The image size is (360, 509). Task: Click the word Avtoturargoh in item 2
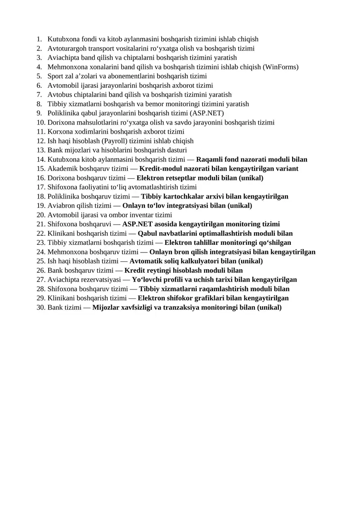pyautogui.click(x=66, y=49)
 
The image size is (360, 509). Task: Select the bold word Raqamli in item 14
pyautogui.click(x=209, y=159)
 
